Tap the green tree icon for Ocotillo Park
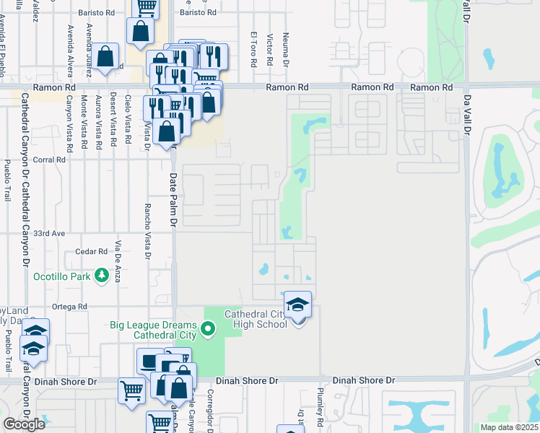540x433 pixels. coord(102,275)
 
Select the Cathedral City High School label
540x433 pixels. coord(256,319)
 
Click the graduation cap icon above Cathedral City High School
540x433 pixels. coord(297,306)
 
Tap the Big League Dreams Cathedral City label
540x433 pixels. coord(153,331)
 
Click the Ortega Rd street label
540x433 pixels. coord(70,307)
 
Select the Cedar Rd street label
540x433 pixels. coord(91,252)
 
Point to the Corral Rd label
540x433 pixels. coord(49,160)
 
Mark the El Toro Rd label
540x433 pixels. coord(254,49)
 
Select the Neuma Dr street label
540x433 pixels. coord(286,49)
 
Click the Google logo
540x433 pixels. coord(24,424)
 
